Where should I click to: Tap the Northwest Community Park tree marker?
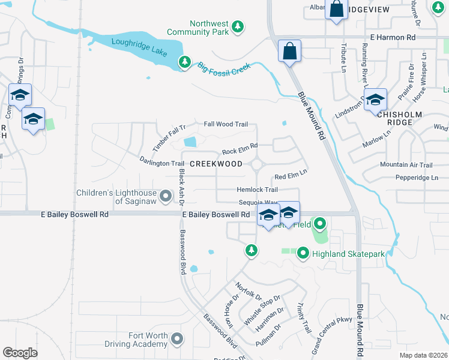click(238, 26)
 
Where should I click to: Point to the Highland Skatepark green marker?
click(303, 254)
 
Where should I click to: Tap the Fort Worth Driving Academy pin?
click(176, 340)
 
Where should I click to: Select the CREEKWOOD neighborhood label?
click(216, 164)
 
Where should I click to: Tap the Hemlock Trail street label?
click(256, 190)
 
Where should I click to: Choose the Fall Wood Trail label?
click(226, 124)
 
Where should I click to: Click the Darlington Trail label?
click(161, 163)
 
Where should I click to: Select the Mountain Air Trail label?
click(406, 165)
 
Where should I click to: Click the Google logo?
click(20, 353)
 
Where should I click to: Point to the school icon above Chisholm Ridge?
click(375, 100)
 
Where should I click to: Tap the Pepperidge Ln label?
click(417, 178)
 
